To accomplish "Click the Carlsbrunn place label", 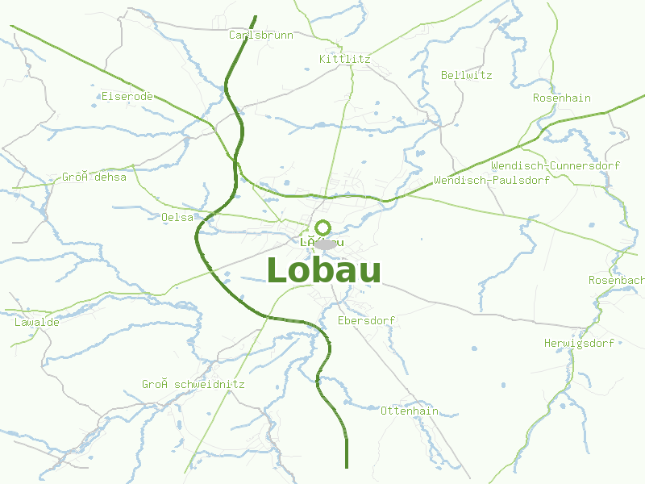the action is pyautogui.click(x=260, y=35).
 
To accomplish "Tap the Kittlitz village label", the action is pyautogui.click(x=344, y=60).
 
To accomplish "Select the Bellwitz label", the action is pyautogui.click(x=466, y=76).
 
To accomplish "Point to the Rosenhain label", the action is pyautogui.click(x=561, y=98).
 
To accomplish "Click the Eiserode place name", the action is pyautogui.click(x=127, y=97).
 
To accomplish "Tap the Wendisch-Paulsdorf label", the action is pyautogui.click(x=491, y=181).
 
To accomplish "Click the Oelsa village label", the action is pyautogui.click(x=177, y=218).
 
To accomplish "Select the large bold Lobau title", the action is pyautogui.click(x=323, y=270).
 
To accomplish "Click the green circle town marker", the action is pyautogui.click(x=322, y=227).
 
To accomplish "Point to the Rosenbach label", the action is pyautogui.click(x=616, y=281).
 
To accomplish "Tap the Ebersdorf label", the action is pyautogui.click(x=366, y=321).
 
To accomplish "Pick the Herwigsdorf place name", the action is pyautogui.click(x=579, y=344).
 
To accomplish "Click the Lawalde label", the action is pyautogui.click(x=36, y=323).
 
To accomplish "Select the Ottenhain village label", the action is pyautogui.click(x=409, y=411).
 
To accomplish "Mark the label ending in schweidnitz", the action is pyautogui.click(x=193, y=385).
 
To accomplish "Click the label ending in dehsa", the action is pyautogui.click(x=94, y=177).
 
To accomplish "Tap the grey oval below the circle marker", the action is pyautogui.click(x=325, y=244).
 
